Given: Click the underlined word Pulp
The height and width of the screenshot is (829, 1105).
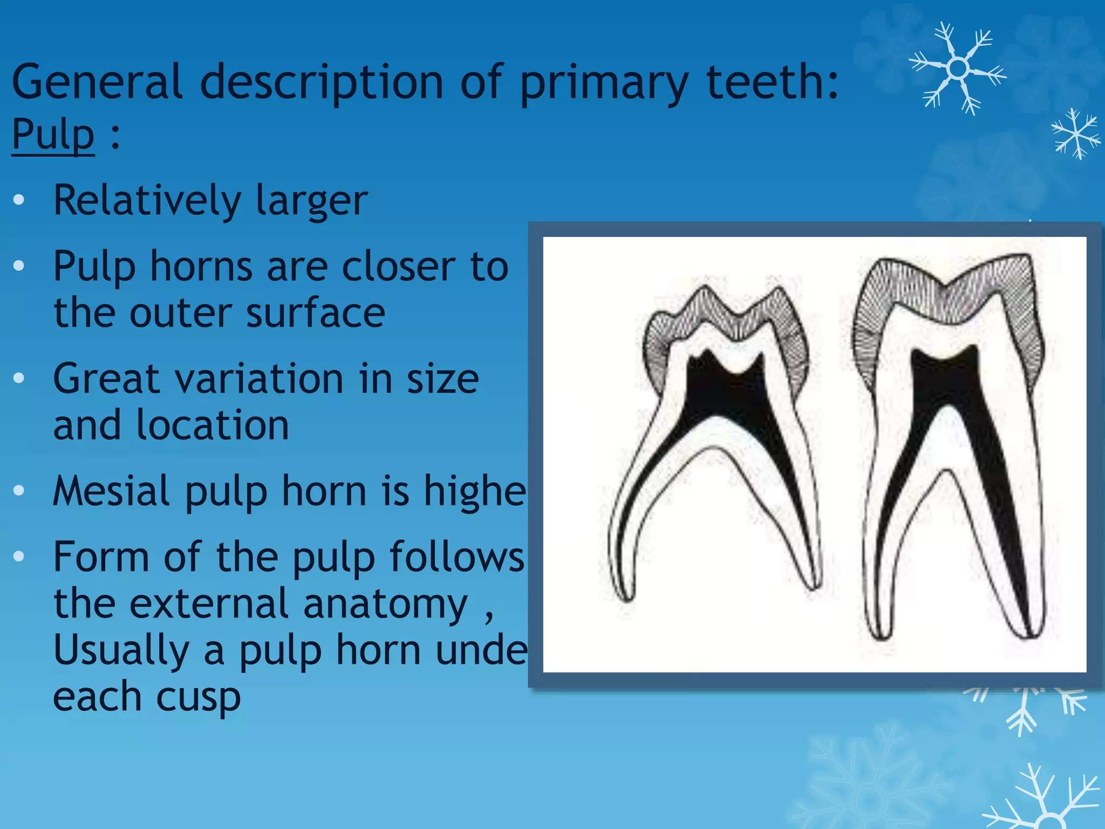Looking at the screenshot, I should pos(53,135).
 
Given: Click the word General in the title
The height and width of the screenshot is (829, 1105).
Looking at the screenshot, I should pos(97,82).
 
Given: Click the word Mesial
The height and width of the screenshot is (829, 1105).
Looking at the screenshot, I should pos(111,491).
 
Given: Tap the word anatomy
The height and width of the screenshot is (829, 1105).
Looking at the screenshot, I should pos(385,604).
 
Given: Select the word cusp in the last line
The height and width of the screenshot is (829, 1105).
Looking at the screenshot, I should pos(197,697).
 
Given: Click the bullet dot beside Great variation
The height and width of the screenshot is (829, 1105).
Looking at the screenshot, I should pos(19,378).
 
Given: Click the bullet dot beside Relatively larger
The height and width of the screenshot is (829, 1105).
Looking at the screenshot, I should pos(19,200).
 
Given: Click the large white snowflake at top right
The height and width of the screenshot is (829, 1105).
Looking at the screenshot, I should pos(958,69).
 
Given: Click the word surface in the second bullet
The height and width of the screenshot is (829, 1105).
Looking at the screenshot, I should pos(316,314).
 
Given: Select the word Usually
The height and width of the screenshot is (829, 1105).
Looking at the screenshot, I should pos(121,651).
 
